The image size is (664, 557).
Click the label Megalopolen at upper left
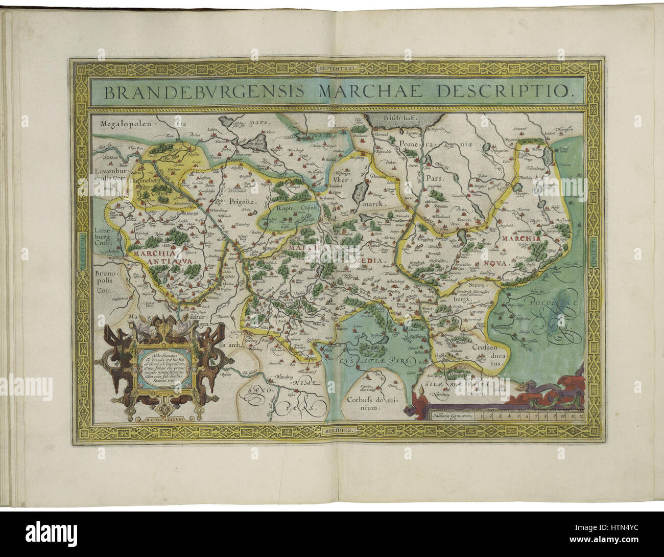point(124,123)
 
